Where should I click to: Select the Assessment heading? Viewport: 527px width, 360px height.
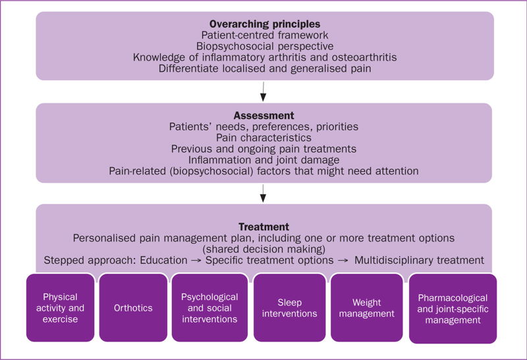[263, 113]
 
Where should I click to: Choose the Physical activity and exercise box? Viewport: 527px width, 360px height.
[60, 307]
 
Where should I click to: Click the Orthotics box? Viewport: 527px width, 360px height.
[132, 307]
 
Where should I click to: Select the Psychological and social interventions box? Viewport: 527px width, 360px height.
[209, 307]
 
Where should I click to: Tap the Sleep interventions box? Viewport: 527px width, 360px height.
[289, 307]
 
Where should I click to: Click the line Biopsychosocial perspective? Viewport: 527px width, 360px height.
[263, 46]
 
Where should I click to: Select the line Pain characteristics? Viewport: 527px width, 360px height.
[263, 138]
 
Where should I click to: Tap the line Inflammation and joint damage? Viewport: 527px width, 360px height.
[263, 160]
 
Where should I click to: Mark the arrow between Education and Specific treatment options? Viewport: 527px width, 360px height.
[195, 260]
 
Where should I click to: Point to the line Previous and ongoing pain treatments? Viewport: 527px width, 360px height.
[263, 149]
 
